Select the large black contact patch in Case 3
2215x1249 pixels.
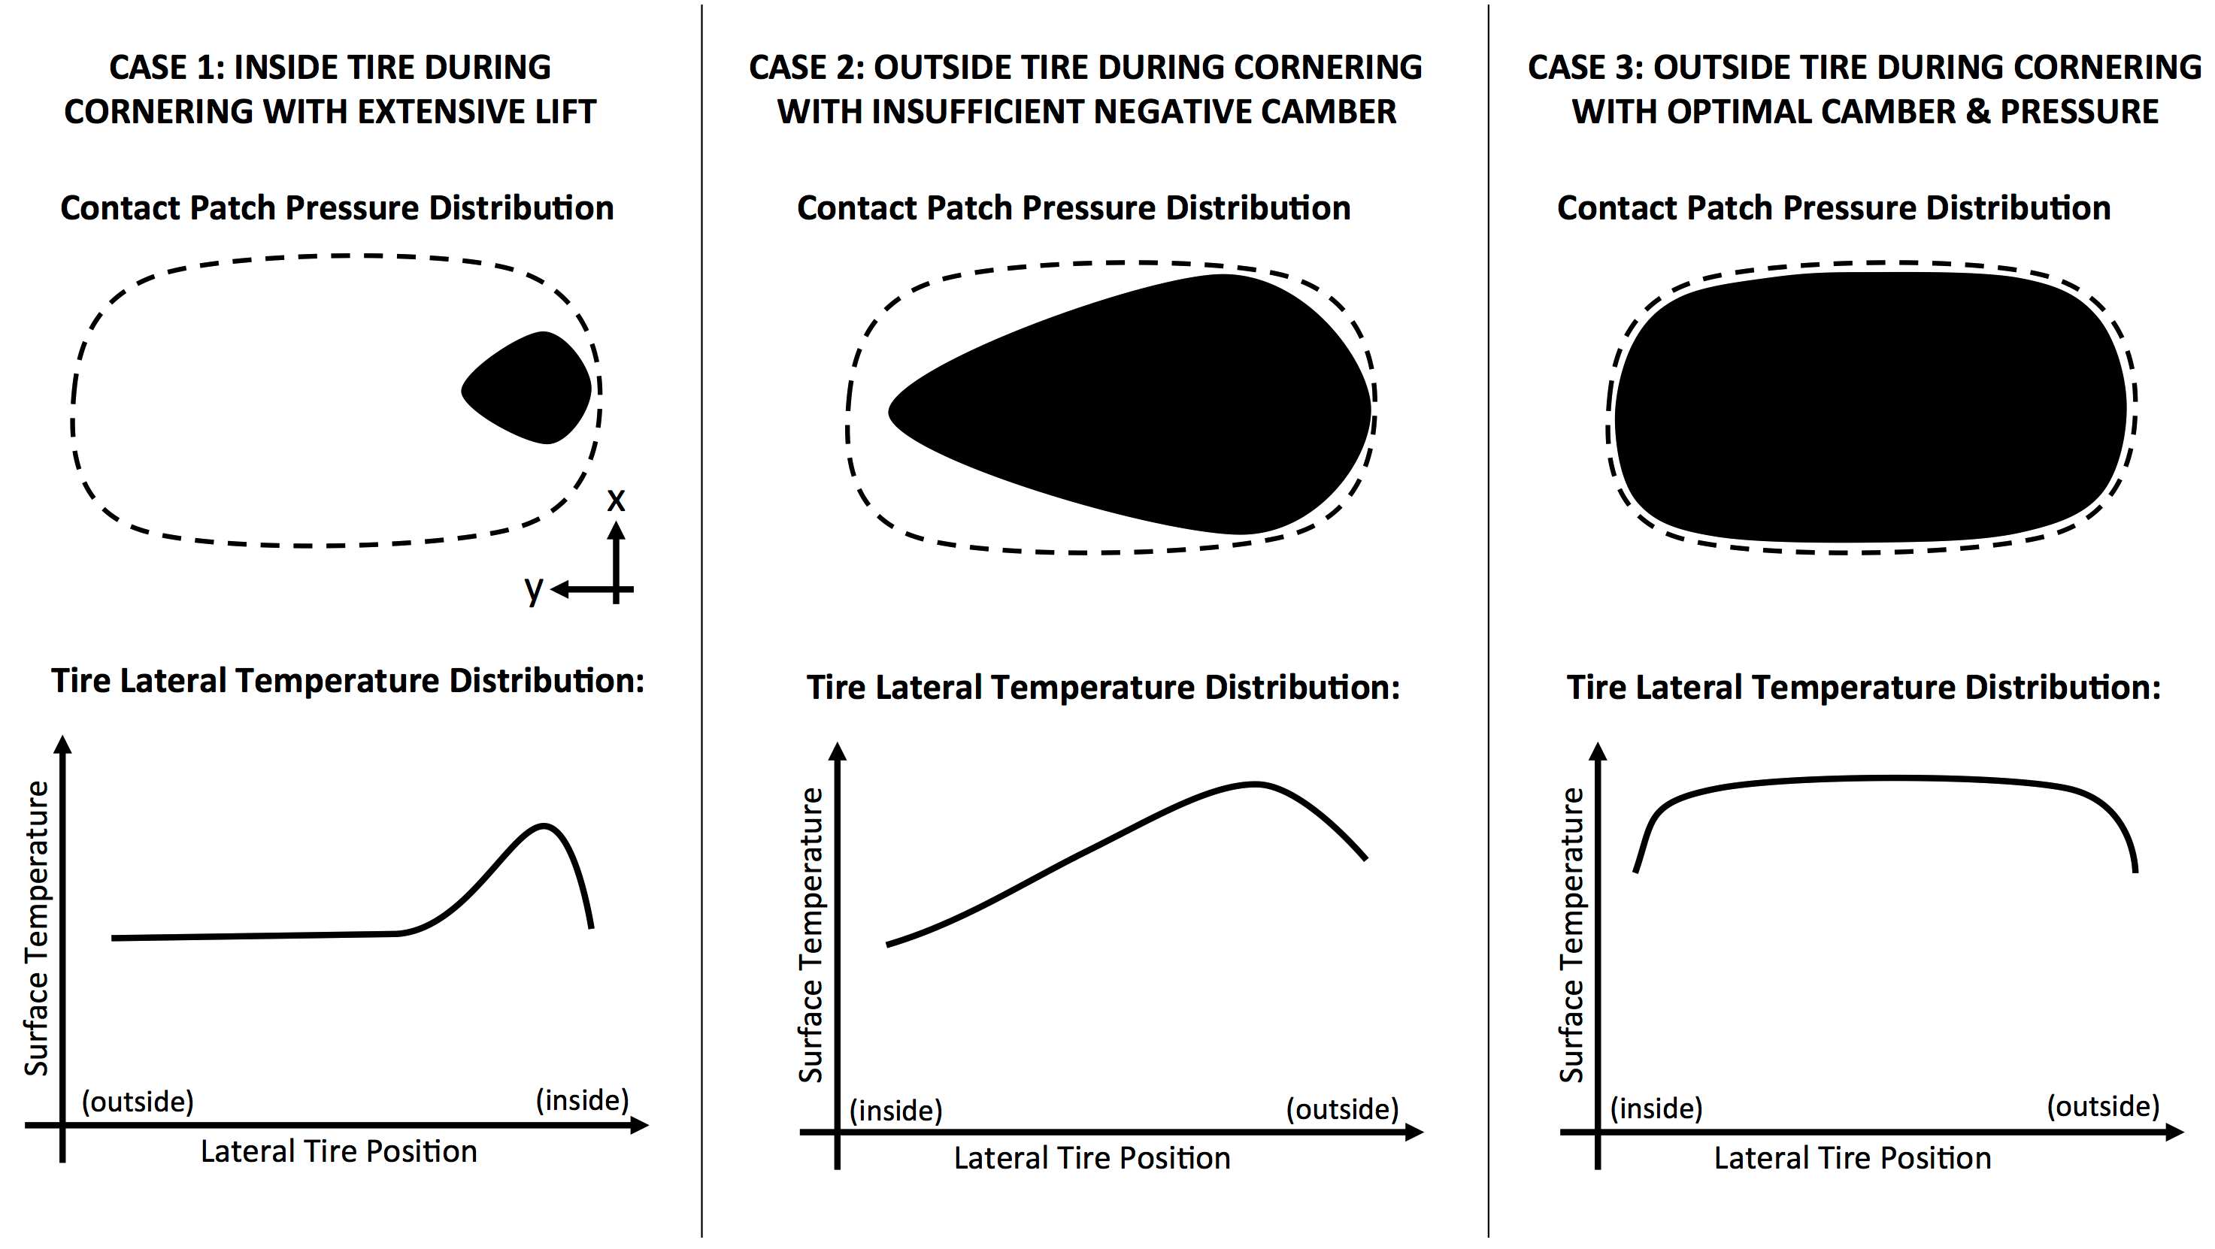tap(1870, 408)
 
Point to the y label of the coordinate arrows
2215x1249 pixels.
tap(534, 589)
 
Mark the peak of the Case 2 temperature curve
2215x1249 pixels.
tap(1256, 784)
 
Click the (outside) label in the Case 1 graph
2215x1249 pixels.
tap(138, 1101)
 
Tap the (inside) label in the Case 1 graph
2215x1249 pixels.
tap(582, 1099)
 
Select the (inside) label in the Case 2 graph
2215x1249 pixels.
tap(896, 1111)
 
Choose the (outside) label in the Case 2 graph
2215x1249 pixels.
tap(1342, 1109)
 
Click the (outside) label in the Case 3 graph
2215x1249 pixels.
tap(2102, 1105)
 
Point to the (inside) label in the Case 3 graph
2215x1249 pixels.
tap(1656, 1108)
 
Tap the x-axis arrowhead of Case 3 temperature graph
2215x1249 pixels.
tap(2174, 1132)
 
